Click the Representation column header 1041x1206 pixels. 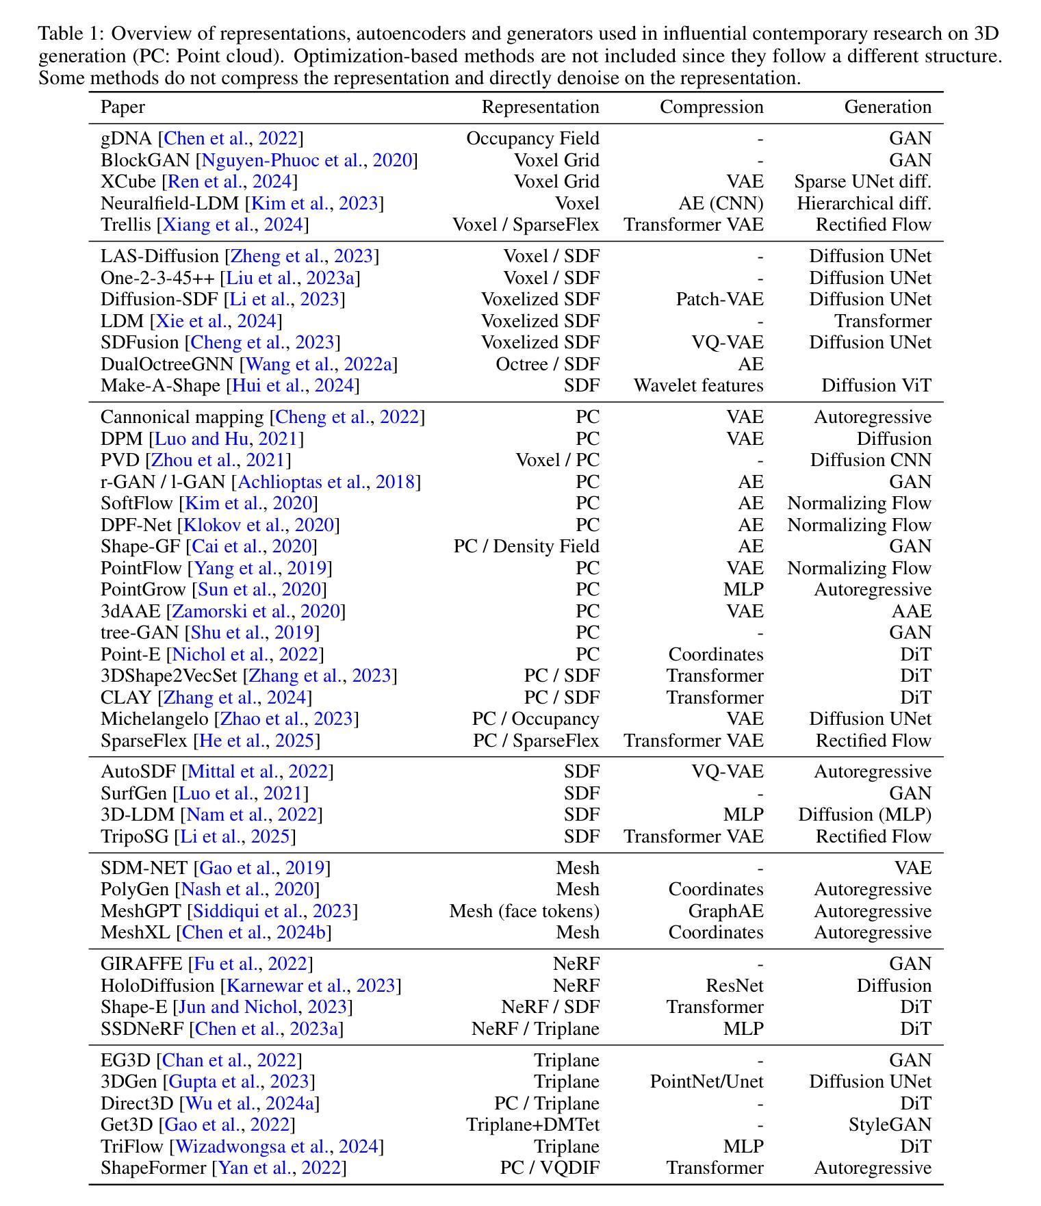pos(540,107)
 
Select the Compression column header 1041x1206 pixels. pos(711,107)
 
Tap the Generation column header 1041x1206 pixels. pos(887,107)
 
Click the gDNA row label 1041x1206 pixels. pos(126,139)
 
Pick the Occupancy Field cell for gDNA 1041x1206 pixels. pos(532,139)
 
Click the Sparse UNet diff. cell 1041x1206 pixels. pos(862,182)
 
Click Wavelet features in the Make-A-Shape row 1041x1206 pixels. pos(698,386)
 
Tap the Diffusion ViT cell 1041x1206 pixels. pos(876,386)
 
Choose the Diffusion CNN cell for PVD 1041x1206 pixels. pos(871,461)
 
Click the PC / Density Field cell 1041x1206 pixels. pos(526,547)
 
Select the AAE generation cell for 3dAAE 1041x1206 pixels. pos(910,611)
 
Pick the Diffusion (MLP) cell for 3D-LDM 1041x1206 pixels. pos(864,815)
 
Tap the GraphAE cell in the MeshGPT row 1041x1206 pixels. pos(725,912)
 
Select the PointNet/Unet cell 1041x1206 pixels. pos(706,1082)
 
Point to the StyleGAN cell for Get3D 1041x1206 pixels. pos(890,1125)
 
